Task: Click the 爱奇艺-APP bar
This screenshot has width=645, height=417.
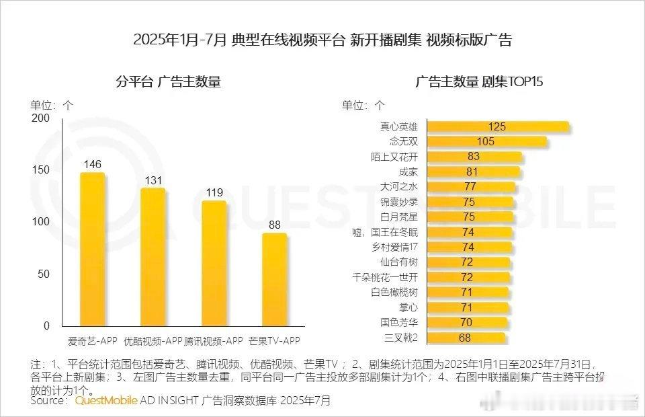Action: click(x=92, y=249)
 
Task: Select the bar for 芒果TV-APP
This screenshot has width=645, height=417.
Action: click(x=273, y=279)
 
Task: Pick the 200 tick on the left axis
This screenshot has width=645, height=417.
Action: click(x=41, y=118)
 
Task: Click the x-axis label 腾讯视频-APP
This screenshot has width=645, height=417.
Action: click(x=214, y=340)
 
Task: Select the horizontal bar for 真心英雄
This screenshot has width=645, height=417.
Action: click(x=497, y=126)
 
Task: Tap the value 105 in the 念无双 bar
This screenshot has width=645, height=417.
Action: click(x=485, y=141)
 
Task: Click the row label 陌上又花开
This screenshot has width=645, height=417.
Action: click(x=399, y=157)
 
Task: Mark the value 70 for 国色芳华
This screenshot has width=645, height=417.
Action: click(x=466, y=322)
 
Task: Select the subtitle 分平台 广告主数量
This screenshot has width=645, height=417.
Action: click(x=168, y=83)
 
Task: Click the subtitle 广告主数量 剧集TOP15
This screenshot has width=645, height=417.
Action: click(x=478, y=83)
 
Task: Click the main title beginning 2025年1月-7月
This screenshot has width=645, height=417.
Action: click(x=322, y=40)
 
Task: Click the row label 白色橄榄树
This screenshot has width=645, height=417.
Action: click(x=399, y=292)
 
